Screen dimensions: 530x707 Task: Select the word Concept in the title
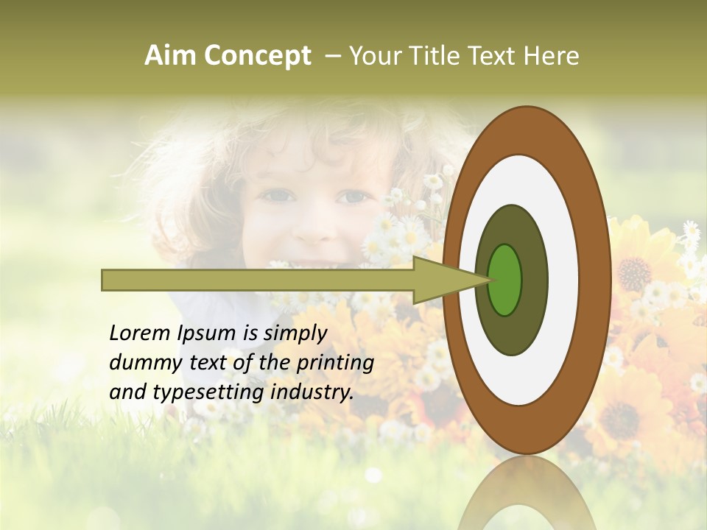point(257,56)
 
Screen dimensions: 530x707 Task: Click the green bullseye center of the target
point(505,280)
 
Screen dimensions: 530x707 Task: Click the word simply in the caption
point(295,333)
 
